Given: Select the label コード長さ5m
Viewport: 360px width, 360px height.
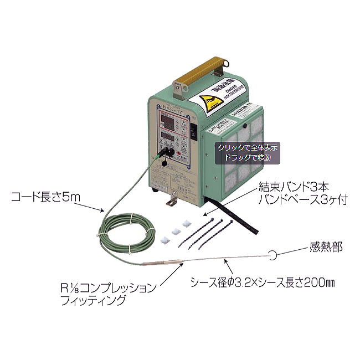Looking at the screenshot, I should [44, 196].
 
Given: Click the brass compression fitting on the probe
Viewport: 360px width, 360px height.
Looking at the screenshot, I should [166, 262].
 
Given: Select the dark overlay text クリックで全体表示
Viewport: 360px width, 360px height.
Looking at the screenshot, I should [248, 148].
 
